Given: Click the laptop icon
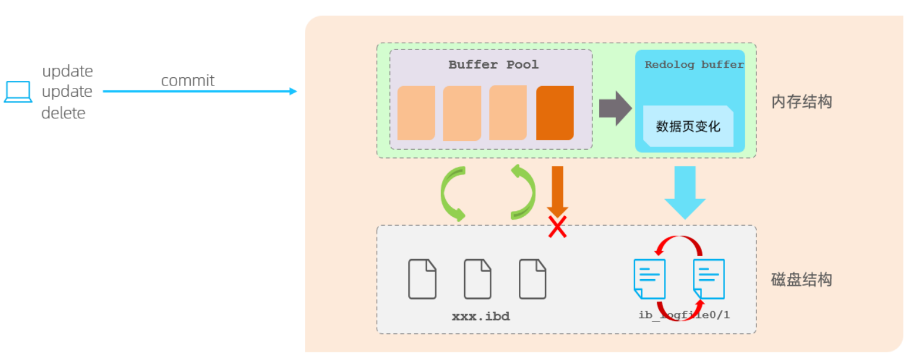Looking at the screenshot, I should coord(18,92).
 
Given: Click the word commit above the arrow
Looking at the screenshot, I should coord(187,81).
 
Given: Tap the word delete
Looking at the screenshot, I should coord(64,113).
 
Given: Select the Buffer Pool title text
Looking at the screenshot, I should coord(493,65).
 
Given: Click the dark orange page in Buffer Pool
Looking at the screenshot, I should coord(554,113).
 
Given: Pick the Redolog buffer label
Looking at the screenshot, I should coord(694,65).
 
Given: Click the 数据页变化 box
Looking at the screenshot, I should coord(688,126).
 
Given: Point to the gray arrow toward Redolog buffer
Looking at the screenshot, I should coord(615,109).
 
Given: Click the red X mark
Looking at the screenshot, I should coord(557,226).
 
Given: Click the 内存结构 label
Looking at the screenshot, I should coord(801,102).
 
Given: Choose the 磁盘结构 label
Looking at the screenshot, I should coord(801,280).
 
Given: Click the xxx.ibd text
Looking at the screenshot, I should coord(481,317).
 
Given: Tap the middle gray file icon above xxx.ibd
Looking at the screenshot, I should coord(477,279).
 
